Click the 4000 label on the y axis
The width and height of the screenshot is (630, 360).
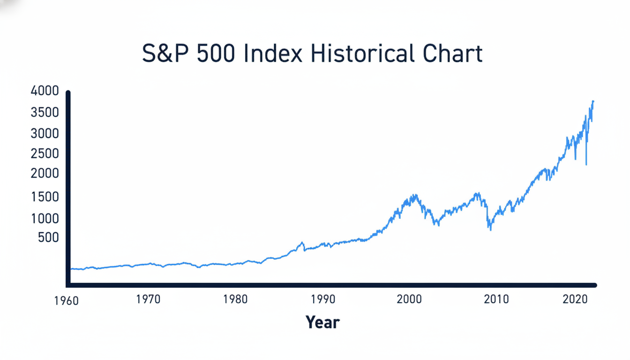tap(45, 91)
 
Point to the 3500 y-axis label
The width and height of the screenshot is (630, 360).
tap(45, 112)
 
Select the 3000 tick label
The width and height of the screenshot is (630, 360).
tap(45, 134)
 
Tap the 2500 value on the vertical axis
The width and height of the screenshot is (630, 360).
tap(45, 154)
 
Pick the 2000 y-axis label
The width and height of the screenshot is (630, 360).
tap(45, 174)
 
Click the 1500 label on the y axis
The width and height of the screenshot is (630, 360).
tap(45, 197)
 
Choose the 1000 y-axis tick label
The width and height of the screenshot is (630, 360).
tap(45, 218)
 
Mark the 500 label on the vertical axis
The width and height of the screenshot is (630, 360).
tap(48, 238)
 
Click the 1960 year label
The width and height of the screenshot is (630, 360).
tap(66, 301)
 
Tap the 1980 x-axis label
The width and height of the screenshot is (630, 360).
tap(236, 299)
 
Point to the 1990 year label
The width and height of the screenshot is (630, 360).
tap(322, 299)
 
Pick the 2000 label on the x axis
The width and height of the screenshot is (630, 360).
tap(410, 299)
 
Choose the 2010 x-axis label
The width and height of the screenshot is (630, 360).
tap(496, 299)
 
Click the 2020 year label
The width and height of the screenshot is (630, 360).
tap(576, 299)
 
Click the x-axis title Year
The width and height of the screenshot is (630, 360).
tap(322, 322)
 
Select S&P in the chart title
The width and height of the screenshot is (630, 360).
tap(166, 54)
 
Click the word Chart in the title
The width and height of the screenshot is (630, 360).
tap(450, 54)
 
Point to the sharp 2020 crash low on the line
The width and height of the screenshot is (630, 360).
tap(586, 164)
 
